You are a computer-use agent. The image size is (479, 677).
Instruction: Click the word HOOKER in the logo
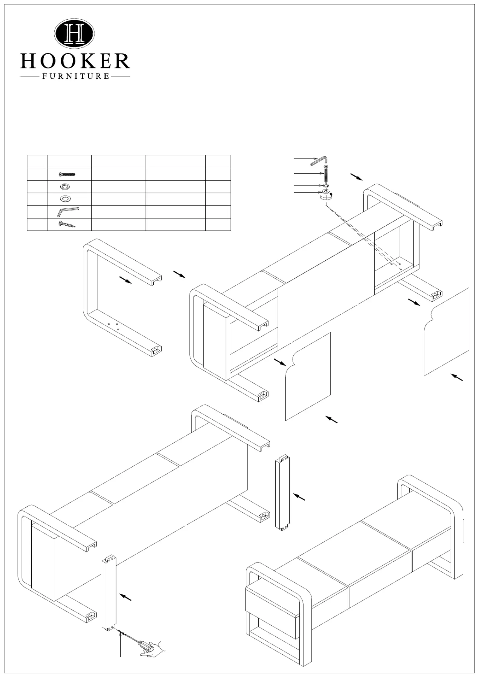pyautogui.click(x=75, y=61)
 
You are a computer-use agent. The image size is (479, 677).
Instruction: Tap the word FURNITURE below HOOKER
pyautogui.click(x=75, y=76)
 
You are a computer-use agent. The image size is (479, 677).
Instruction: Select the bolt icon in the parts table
pyautogui.click(x=67, y=174)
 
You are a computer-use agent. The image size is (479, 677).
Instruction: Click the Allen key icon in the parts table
pyautogui.click(x=68, y=212)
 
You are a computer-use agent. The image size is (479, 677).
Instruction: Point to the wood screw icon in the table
pyautogui.click(x=66, y=224)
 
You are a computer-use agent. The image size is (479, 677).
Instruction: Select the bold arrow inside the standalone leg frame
pyautogui.click(x=126, y=280)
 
